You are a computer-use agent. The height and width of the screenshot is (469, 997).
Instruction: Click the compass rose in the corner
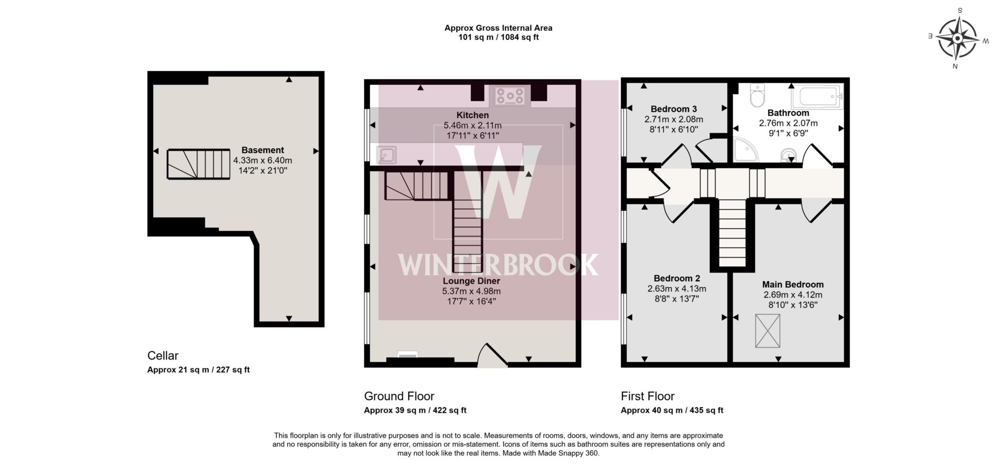pyautogui.click(x=958, y=38)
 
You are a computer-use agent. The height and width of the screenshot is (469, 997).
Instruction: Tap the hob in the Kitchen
pyautogui.click(x=510, y=96)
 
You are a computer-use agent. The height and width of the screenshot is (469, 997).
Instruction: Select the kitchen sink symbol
pyautogui.click(x=386, y=155)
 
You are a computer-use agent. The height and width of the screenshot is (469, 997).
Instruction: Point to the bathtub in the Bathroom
pyautogui.click(x=817, y=96)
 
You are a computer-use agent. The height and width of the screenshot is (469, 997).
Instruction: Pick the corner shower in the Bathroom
pyautogui.click(x=745, y=149)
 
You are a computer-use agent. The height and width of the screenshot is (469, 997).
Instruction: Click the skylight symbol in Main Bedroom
pyautogui.click(x=767, y=331)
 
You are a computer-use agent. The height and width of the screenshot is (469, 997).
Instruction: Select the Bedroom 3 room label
pyautogui.click(x=673, y=109)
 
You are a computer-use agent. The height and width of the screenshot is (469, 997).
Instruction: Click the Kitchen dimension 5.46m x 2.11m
pyautogui.click(x=472, y=126)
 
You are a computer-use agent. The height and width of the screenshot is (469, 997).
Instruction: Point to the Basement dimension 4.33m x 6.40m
pyautogui.click(x=262, y=161)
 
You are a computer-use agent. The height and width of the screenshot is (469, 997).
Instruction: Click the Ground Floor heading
pyautogui.click(x=399, y=396)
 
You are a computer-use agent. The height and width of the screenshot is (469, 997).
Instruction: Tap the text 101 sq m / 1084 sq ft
pyautogui.click(x=498, y=37)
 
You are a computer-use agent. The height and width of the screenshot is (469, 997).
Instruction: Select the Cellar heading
pyautogui.click(x=163, y=356)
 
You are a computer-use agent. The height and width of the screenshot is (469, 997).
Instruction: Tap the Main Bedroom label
pyautogui.click(x=793, y=285)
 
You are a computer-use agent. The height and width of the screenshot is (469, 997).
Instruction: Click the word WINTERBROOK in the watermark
pyautogui.click(x=498, y=265)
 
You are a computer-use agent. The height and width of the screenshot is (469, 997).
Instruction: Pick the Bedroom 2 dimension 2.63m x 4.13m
pyautogui.click(x=676, y=289)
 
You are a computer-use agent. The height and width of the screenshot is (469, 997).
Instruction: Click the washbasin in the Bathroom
pyautogui.click(x=787, y=155)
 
